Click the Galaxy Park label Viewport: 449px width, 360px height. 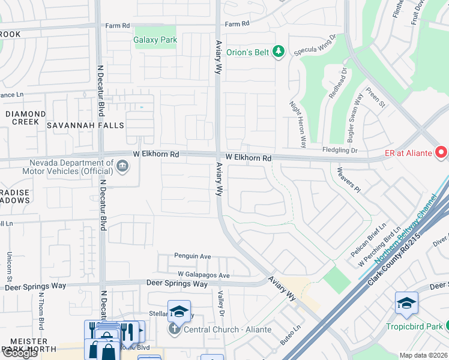[x=155, y=40]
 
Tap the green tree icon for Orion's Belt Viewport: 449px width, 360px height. [x=278, y=52]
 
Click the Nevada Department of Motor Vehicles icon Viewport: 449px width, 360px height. [x=122, y=166]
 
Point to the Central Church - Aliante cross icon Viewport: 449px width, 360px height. [x=174, y=329]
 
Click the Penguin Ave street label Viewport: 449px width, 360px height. [x=193, y=256]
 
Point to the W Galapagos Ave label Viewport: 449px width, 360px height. [x=204, y=275]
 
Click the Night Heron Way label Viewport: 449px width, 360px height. [x=298, y=124]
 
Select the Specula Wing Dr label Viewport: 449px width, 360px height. [x=315, y=45]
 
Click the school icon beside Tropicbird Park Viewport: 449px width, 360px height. [x=406, y=302]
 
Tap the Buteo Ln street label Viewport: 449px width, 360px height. [x=289, y=334]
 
